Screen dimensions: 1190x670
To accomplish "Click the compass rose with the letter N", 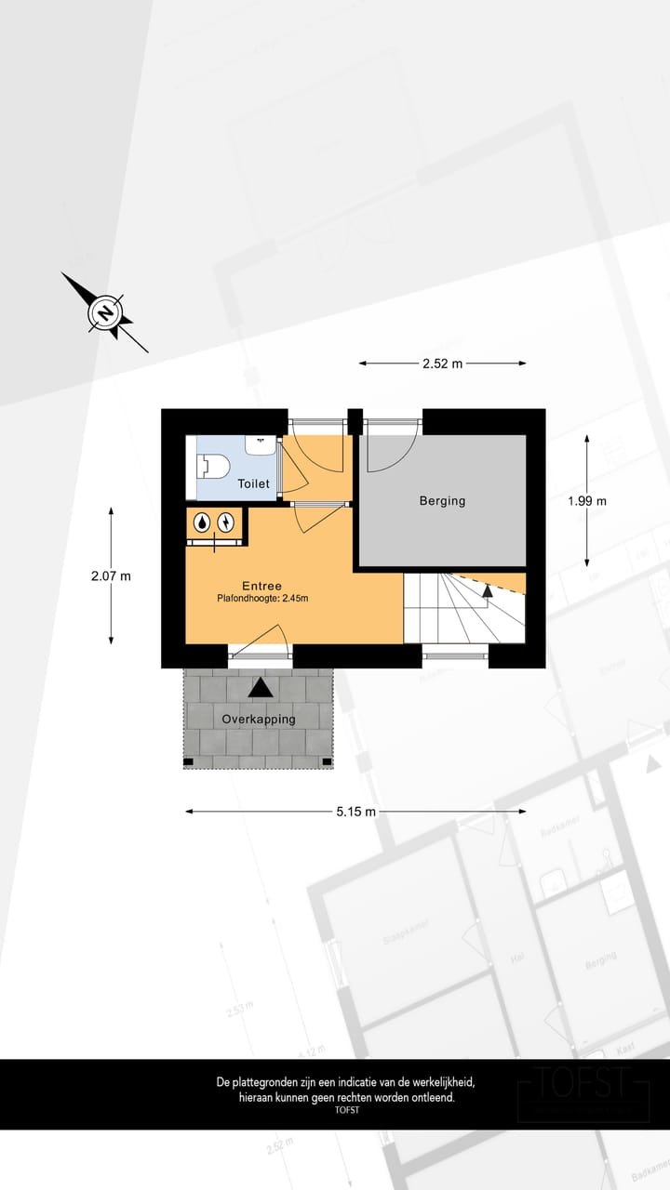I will [x=105, y=312].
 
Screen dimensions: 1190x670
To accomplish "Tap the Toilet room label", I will [x=254, y=483].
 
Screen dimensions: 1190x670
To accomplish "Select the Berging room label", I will [x=442, y=501].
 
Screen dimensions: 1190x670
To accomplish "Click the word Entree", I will [x=261, y=586].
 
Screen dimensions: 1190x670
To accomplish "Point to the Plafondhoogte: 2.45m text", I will [x=262, y=599].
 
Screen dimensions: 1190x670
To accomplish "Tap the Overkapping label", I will [x=259, y=719].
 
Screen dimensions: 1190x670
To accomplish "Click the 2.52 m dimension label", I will [x=442, y=364].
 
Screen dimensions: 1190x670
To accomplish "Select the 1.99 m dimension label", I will [x=587, y=501].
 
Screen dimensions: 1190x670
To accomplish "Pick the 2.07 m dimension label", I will [x=111, y=576].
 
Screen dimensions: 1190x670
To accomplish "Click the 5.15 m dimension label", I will [x=356, y=812].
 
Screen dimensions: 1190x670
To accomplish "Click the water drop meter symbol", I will [x=202, y=524].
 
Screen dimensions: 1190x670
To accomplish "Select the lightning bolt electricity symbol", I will [x=225, y=524].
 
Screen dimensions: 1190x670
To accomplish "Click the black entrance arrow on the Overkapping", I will [x=261, y=687].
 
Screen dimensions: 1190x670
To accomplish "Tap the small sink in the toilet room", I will [x=260, y=444].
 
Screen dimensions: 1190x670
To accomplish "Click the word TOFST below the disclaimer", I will [x=346, y=1110].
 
